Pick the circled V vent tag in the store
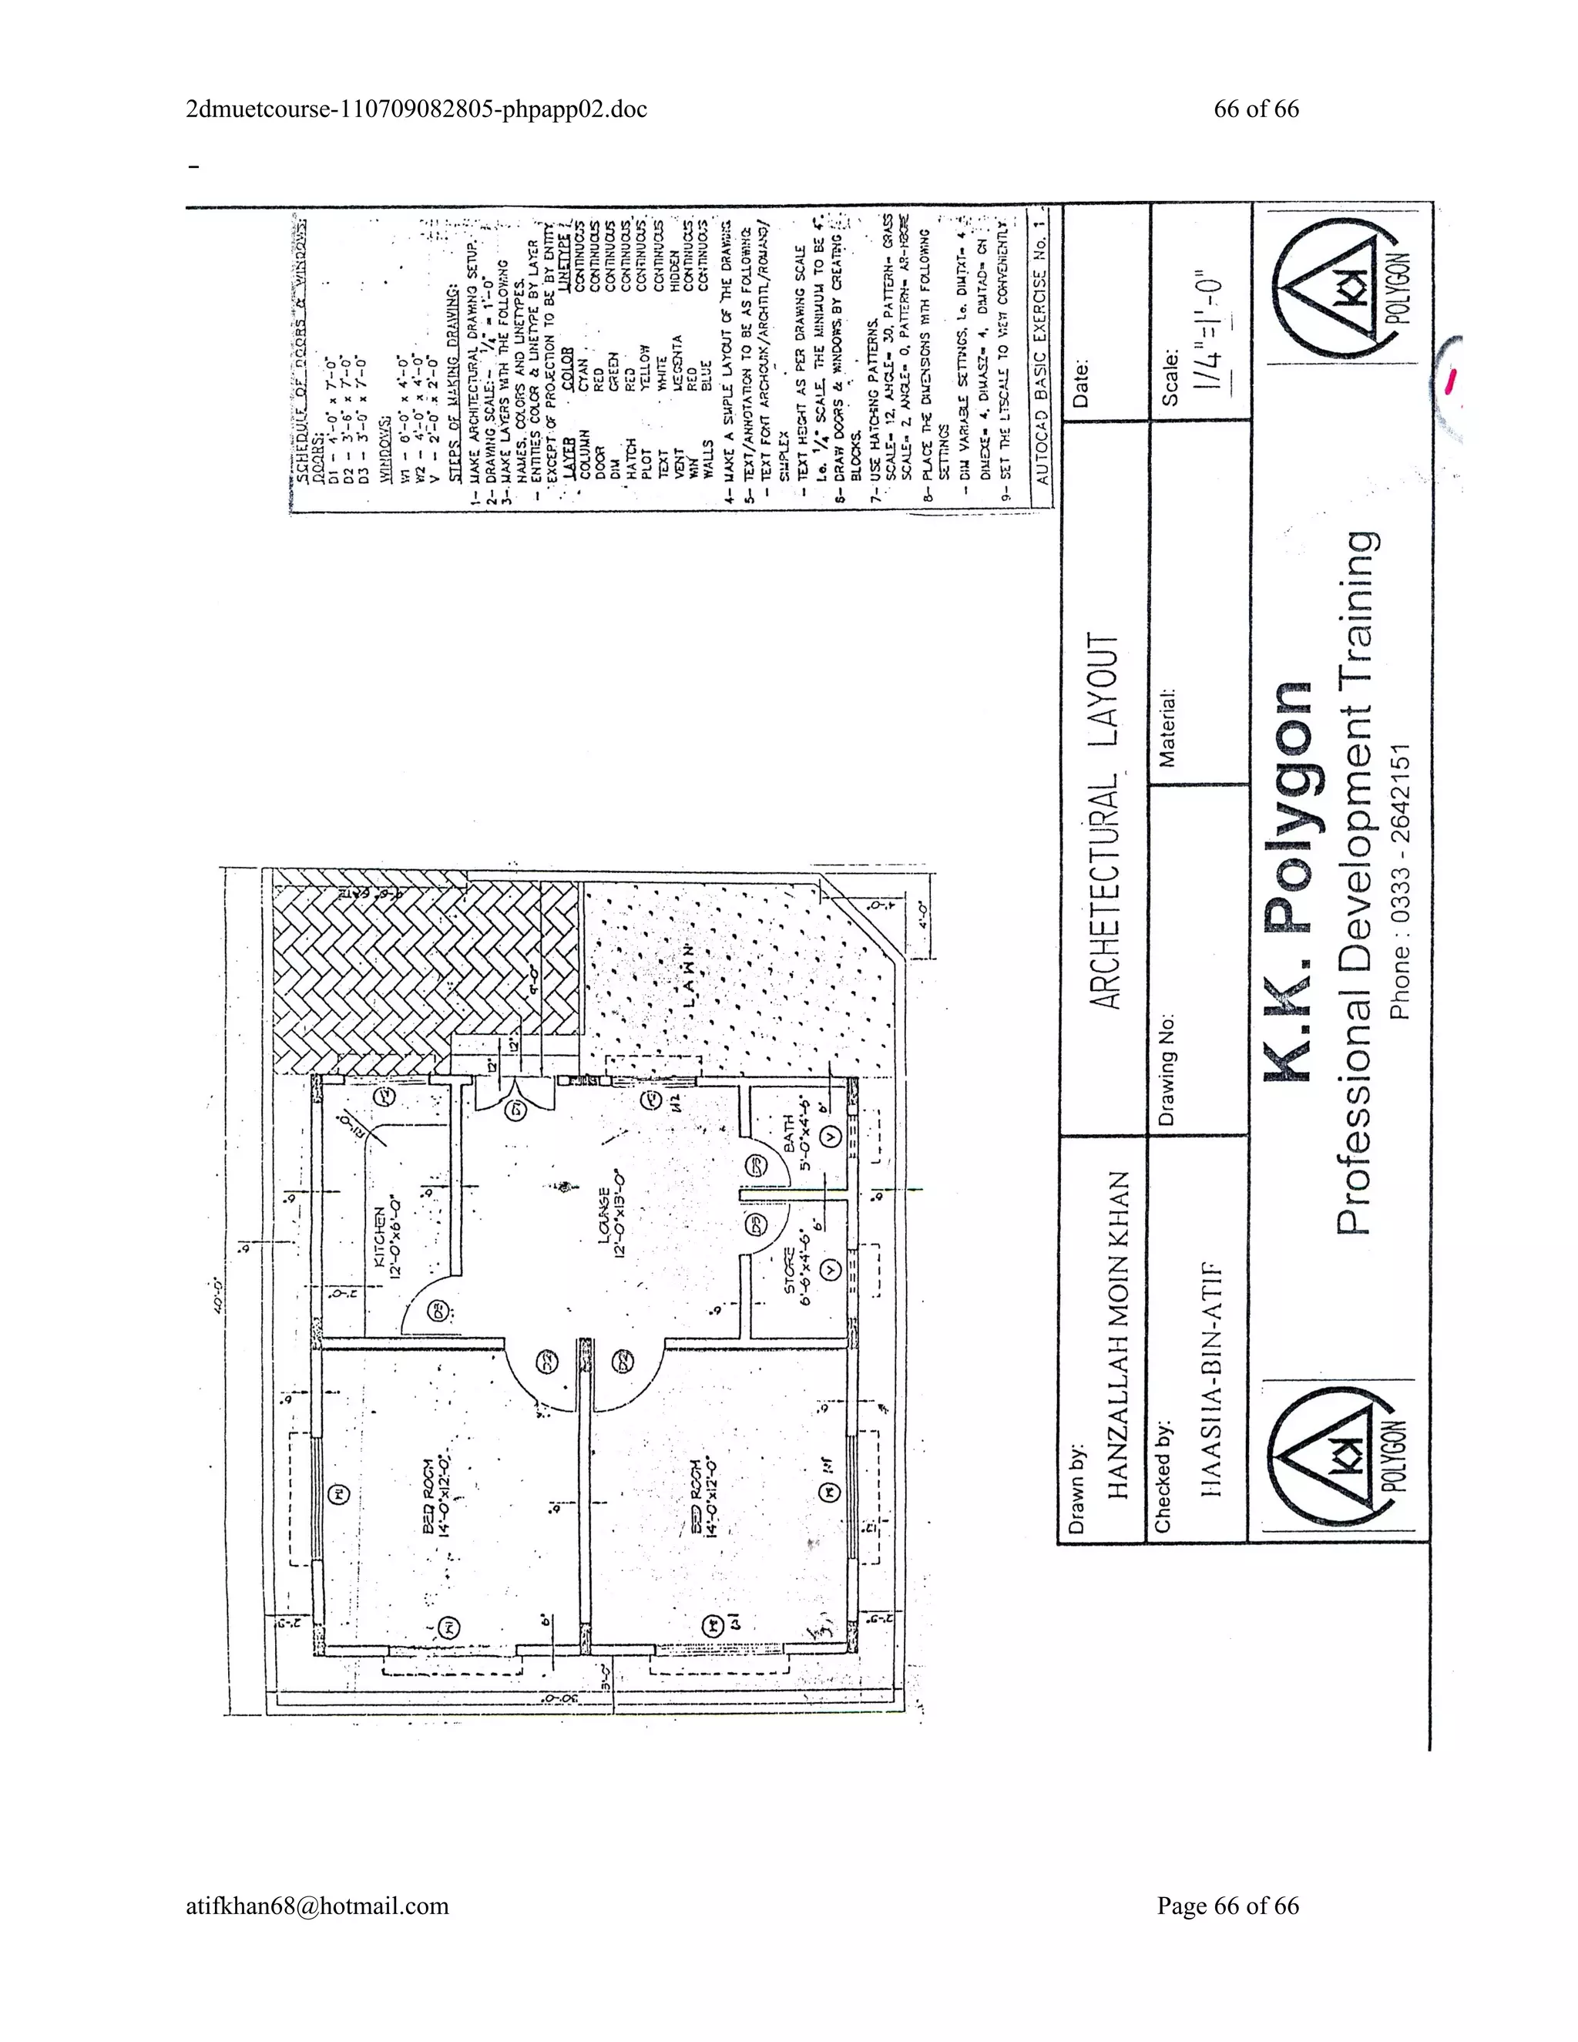click(x=829, y=1269)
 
